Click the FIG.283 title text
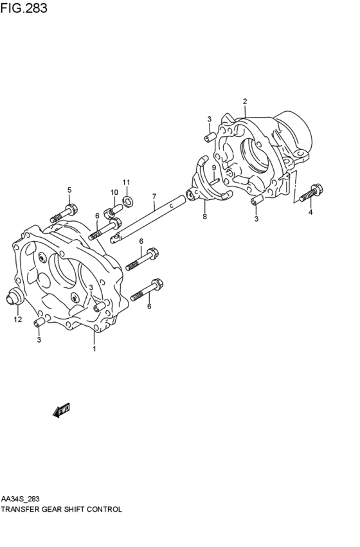24,8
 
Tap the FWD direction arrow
62,410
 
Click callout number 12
18,319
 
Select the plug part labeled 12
14,296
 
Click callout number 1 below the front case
94,348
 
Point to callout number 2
245,102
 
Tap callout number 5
69,190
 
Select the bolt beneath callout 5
64,214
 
